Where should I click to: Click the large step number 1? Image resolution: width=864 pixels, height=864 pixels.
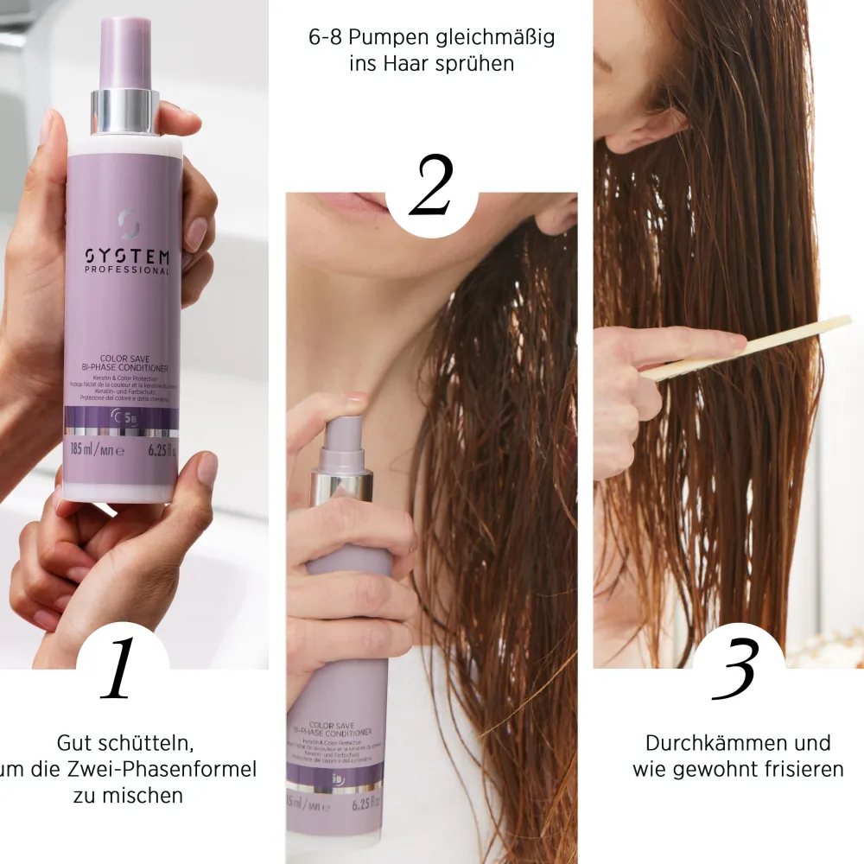tap(120, 669)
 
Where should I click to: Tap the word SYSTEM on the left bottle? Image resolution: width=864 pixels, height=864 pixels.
tap(127, 257)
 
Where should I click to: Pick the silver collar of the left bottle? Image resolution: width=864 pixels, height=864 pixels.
tap(125, 111)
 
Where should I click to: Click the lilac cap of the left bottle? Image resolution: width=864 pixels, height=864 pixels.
tap(125, 52)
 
